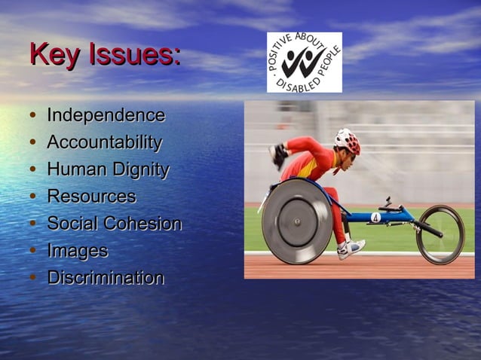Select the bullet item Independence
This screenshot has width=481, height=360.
(x=106, y=116)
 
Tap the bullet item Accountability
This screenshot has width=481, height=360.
(x=104, y=143)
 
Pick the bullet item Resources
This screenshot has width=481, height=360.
(x=91, y=197)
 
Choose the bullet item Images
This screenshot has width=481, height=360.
(x=77, y=252)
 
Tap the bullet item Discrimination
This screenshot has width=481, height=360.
(x=106, y=278)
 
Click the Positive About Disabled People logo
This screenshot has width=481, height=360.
(x=305, y=63)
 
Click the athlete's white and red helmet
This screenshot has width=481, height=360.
(x=348, y=141)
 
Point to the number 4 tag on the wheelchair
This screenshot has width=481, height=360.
(x=375, y=217)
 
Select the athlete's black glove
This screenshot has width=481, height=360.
(x=278, y=154)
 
